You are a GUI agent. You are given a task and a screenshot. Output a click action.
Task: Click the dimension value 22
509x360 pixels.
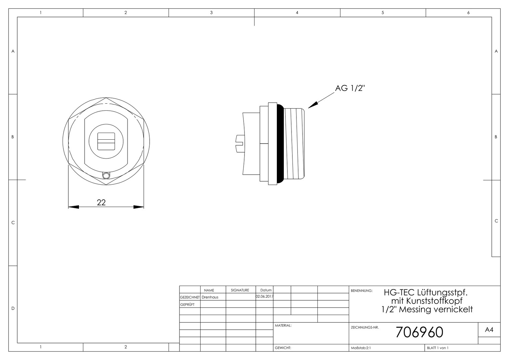[x=101, y=202]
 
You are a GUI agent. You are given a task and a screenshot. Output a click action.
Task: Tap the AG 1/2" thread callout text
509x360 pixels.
[x=350, y=88]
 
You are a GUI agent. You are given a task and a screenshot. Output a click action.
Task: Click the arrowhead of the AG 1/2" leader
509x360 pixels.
[x=313, y=105]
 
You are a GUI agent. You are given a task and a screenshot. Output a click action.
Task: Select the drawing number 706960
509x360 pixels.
[x=419, y=332]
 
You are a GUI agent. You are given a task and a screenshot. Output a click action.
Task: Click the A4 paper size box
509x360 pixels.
[x=489, y=330]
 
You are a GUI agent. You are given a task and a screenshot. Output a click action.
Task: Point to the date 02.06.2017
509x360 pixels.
[x=264, y=297]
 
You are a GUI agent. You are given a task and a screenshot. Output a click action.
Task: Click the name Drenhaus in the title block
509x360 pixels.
[x=210, y=297]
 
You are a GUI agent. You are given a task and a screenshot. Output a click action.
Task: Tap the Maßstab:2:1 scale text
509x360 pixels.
[x=361, y=348]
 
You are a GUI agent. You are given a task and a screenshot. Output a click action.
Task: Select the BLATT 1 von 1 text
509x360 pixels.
[x=438, y=348]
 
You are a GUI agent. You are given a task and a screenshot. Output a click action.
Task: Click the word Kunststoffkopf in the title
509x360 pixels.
[x=434, y=301]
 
